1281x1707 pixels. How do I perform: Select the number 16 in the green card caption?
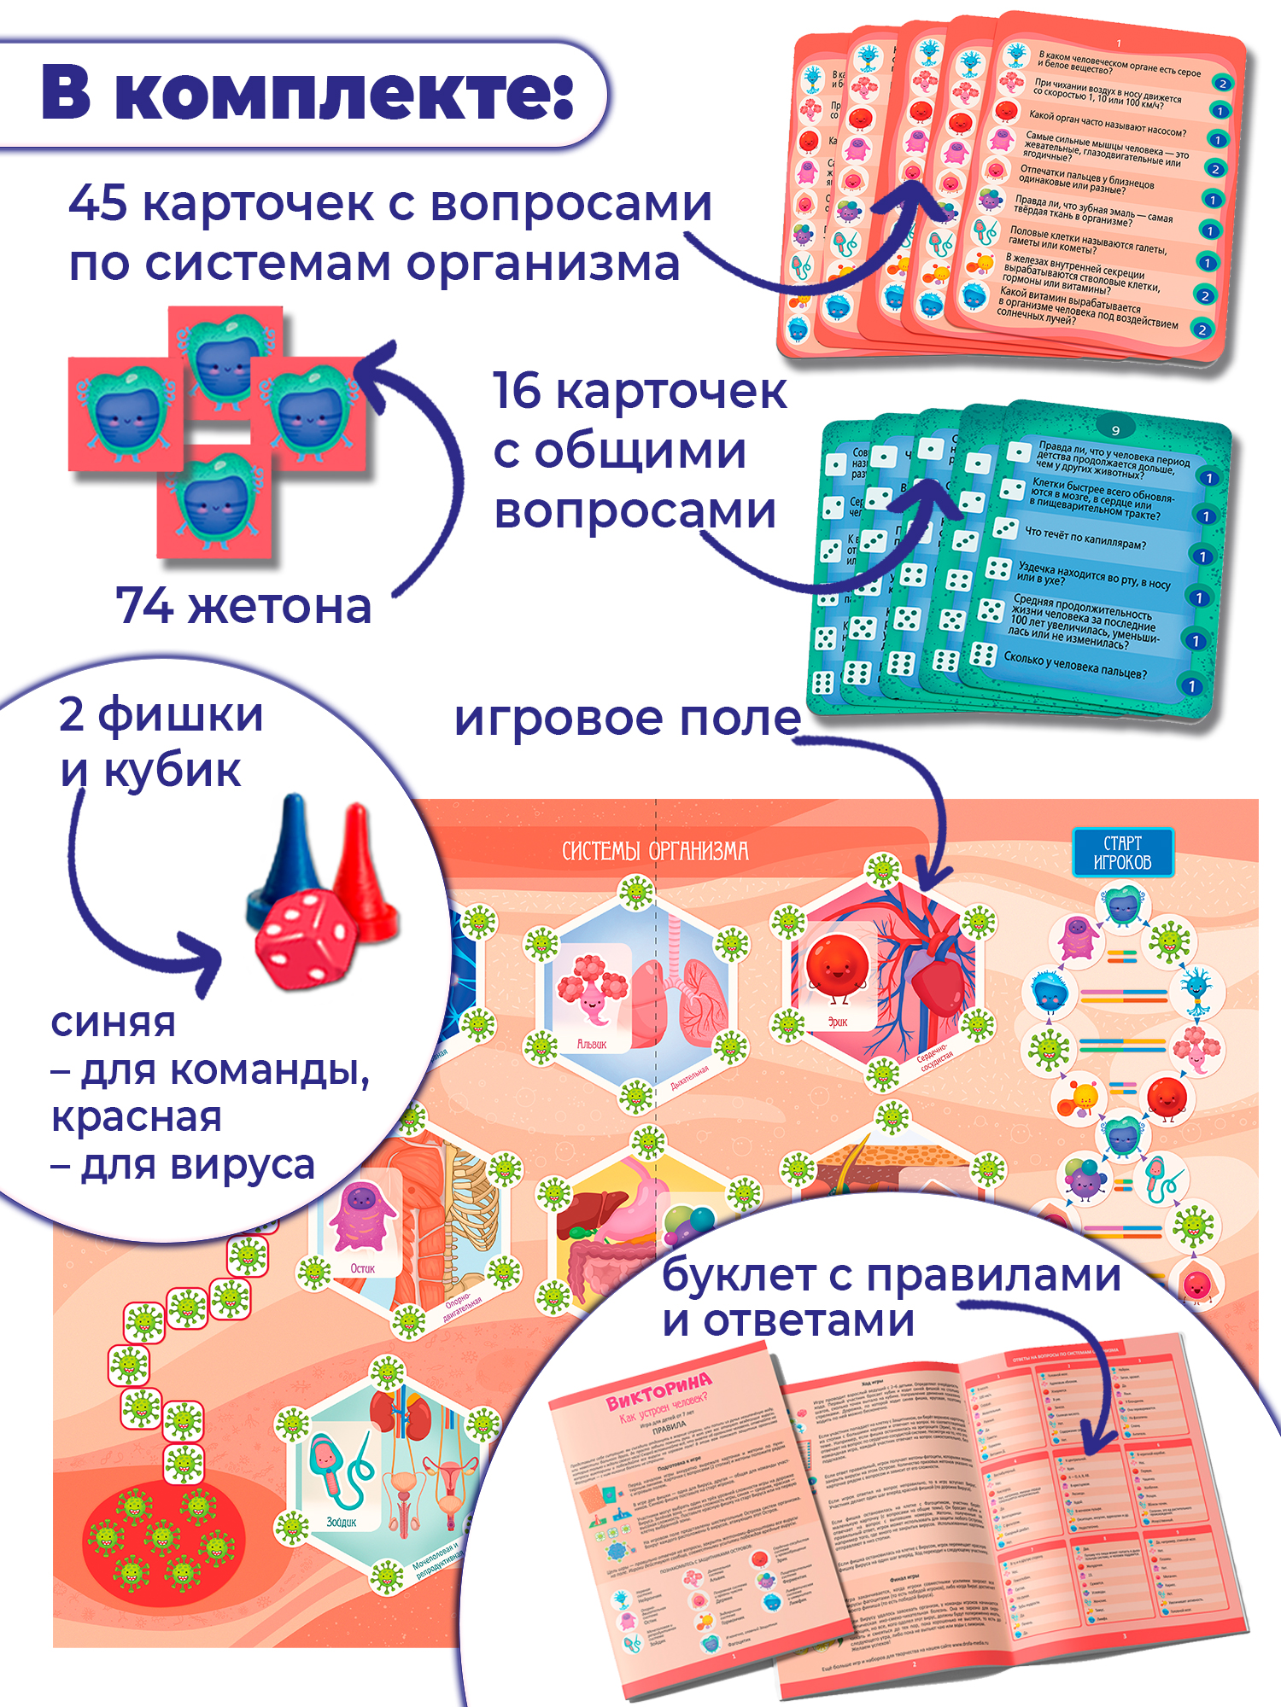pyautogui.click(x=517, y=391)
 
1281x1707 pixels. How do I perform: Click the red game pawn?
pyautogui.click(x=363, y=871)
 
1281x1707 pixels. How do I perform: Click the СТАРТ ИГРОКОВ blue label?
pyautogui.click(x=1122, y=852)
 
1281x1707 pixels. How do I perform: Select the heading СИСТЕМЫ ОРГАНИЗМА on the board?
pyautogui.click(x=655, y=851)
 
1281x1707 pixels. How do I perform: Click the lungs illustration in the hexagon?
pyautogui.click(x=683, y=999)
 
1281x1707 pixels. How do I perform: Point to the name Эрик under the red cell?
pyautogui.click(x=838, y=1022)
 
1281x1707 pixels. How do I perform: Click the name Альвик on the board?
pyautogui.click(x=591, y=1044)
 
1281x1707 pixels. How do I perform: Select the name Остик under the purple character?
pyautogui.click(x=362, y=1268)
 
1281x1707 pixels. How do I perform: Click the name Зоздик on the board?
pyautogui.click(x=341, y=1522)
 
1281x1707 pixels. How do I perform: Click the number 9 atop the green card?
pyautogui.click(x=1115, y=429)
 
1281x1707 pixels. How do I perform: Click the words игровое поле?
pyautogui.click(x=627, y=719)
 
